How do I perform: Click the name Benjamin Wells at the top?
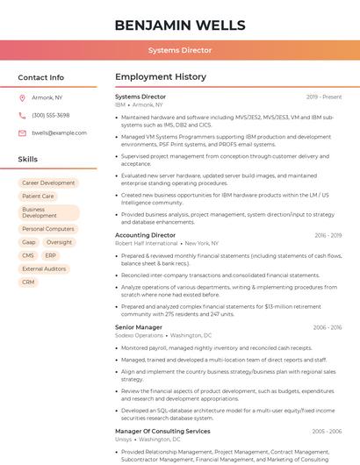179,25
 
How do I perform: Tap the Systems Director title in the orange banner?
179,51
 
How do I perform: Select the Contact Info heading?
41,77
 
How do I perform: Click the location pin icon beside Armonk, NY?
22,98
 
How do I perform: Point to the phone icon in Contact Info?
22,116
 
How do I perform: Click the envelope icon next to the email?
22,133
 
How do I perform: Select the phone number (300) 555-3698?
51,116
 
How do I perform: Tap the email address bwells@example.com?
59,133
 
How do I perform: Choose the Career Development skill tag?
48,183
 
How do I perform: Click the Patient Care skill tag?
38,197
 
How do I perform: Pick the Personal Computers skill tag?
48,229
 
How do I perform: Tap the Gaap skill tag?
29,242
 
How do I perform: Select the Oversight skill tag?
60,242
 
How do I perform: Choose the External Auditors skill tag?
44,268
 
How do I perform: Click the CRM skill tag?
29,282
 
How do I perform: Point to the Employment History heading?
161,77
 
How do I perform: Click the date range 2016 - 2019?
328,235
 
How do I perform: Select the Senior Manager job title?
139,327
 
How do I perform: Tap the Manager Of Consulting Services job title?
162,432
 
